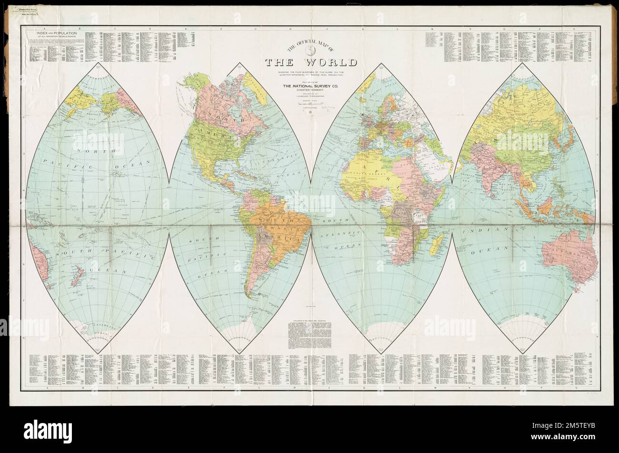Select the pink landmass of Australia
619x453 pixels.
click(569, 257)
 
